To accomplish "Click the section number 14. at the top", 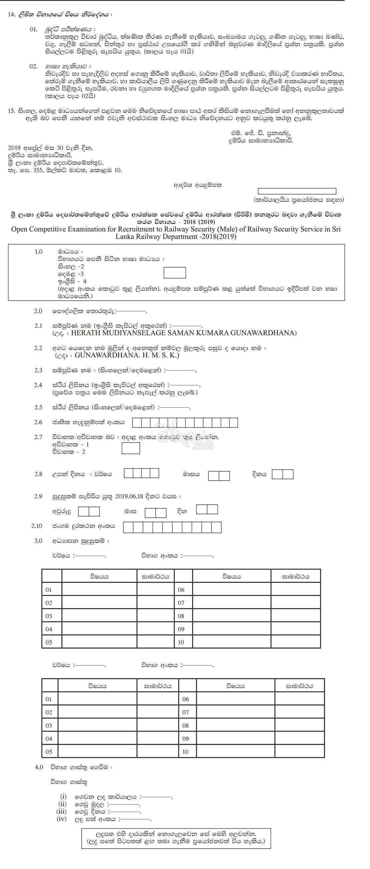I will point(11,15).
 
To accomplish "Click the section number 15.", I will point(11,111).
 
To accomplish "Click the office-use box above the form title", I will point(297,191).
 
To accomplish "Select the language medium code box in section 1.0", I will point(174,273).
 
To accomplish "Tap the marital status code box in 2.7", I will point(130,448).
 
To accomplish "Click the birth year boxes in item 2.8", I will point(141,473).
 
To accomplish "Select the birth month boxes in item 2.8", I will point(219,476).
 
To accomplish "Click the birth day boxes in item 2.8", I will point(283,474).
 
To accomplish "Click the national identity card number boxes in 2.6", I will point(185,422).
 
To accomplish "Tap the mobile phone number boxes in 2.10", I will point(172,527).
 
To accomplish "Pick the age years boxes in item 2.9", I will point(89,511).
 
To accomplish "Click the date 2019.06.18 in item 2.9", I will point(129,496).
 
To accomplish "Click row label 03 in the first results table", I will point(49,616).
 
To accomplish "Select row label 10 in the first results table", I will point(181,642).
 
